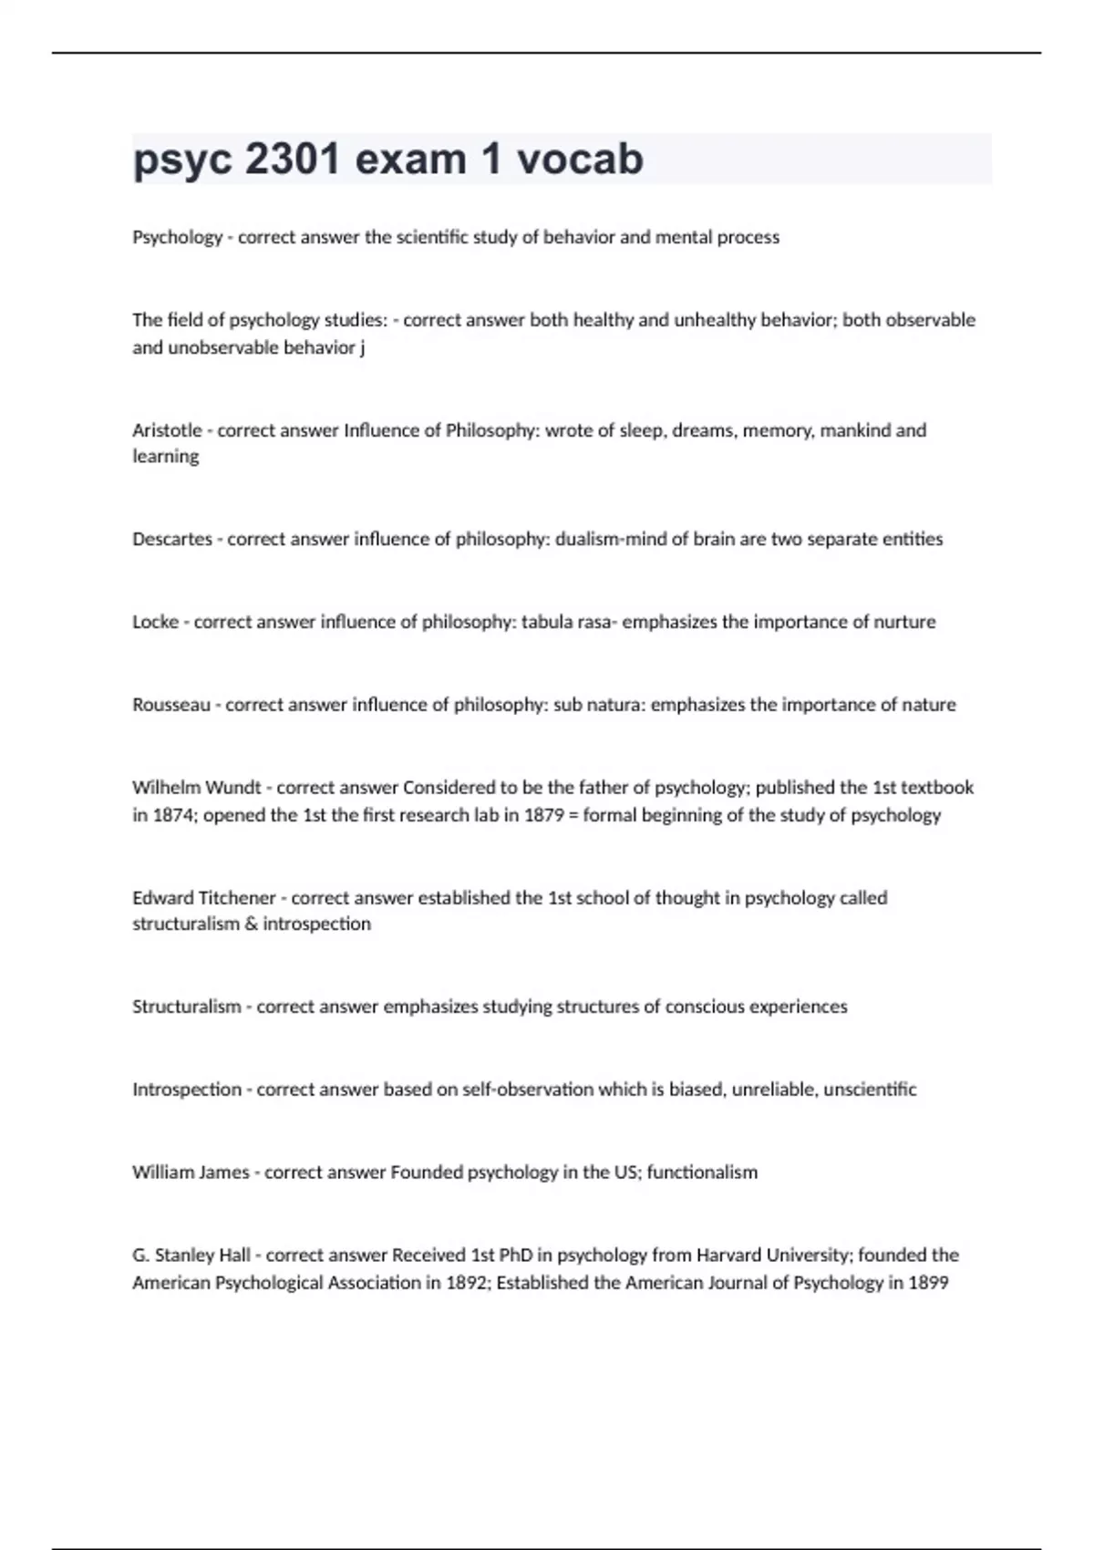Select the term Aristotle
[167, 430]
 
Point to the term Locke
[155, 622]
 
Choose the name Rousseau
[171, 705]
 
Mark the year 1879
[544, 815]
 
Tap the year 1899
[928, 1283]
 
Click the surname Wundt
[234, 788]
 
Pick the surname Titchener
[237, 898]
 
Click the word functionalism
[702, 1173]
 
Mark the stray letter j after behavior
[362, 348]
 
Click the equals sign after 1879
[573, 815]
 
